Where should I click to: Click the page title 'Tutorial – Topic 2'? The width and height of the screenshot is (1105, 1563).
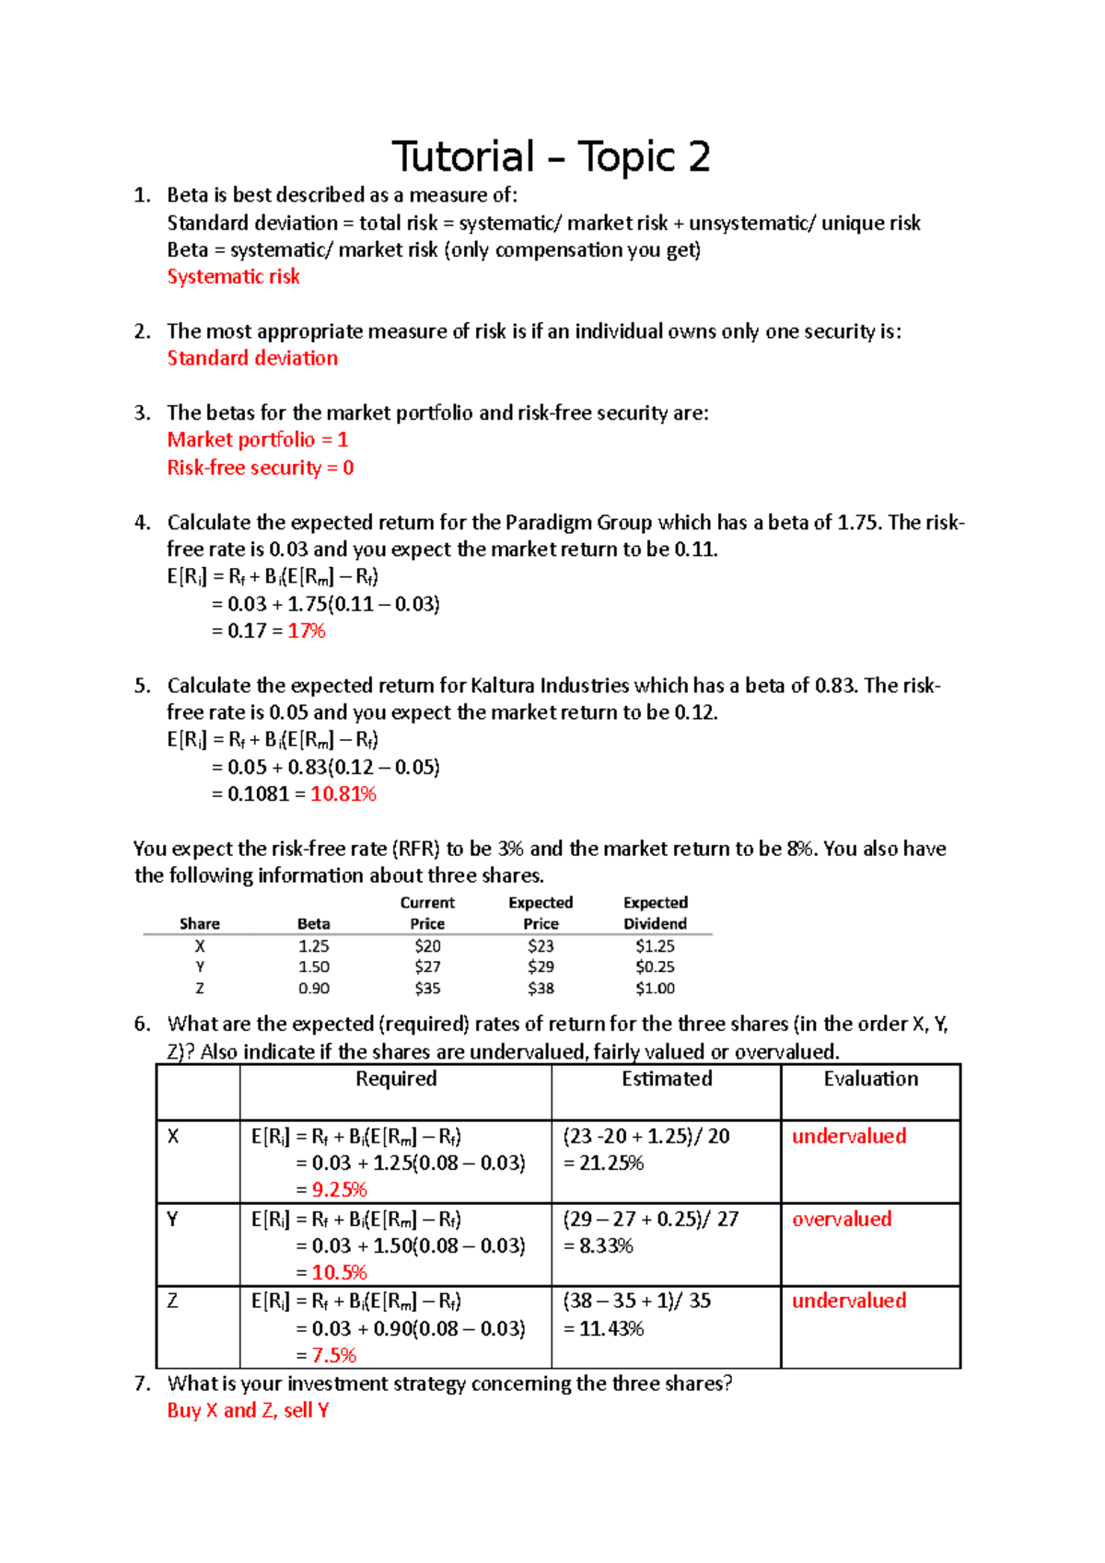[x=551, y=156]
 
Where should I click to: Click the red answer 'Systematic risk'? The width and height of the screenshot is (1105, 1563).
[x=233, y=276]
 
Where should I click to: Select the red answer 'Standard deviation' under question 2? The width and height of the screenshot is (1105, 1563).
[x=252, y=358]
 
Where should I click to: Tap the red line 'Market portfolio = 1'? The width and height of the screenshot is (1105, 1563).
[x=258, y=439]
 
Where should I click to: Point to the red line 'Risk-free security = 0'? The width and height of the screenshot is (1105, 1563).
[x=261, y=468]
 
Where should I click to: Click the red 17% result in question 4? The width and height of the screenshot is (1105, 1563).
[x=307, y=631]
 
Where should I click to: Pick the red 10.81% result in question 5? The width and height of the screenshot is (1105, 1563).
[x=343, y=793]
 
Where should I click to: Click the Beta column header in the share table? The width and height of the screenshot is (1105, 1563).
[x=313, y=923]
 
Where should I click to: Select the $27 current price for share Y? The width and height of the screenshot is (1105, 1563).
[x=427, y=967]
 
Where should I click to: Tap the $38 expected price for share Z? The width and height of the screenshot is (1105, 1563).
[x=541, y=988]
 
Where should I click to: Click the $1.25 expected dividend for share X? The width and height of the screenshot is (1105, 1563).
[x=655, y=945]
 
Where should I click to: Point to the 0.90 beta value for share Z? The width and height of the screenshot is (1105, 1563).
[x=313, y=988]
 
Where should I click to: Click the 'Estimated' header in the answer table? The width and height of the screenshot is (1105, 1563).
[x=667, y=1078]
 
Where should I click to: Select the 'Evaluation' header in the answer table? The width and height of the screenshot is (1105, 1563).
[x=870, y=1078]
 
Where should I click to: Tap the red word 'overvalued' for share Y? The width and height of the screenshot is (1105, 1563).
[x=842, y=1219]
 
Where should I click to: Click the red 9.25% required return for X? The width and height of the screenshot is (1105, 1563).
[x=339, y=1189]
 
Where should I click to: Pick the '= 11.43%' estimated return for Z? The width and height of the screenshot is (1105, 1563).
[x=604, y=1328]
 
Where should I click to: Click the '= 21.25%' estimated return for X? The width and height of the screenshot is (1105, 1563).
[x=604, y=1163]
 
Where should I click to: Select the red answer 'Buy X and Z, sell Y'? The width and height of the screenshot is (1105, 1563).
[x=248, y=1410]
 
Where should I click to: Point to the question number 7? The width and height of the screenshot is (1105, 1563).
[x=141, y=1383]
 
